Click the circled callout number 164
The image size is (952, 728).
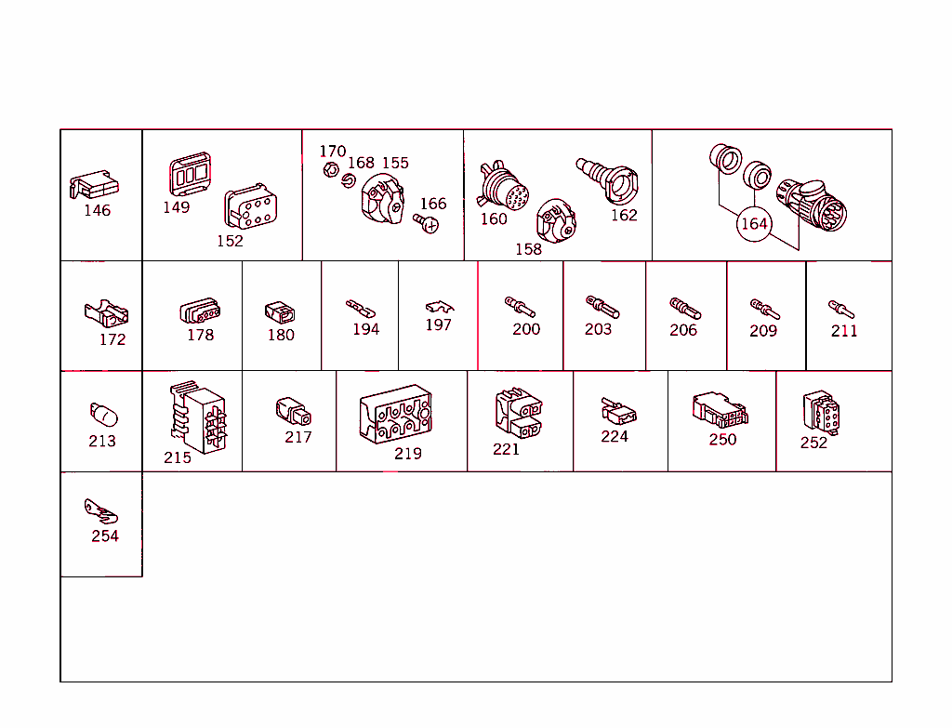[754, 224]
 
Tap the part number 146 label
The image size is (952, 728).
[97, 210]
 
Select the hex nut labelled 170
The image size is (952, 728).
[331, 169]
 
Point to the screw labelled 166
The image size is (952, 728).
[426, 223]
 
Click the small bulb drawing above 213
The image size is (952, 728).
[103, 414]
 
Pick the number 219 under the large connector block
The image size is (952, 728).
[408, 453]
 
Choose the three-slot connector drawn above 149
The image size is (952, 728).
[190, 173]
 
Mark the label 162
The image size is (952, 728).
[624, 215]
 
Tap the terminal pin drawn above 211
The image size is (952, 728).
[840, 309]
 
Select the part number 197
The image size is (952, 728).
[439, 324]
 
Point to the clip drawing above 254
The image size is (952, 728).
[100, 511]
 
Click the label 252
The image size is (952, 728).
[813, 443]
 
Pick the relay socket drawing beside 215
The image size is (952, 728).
[198, 417]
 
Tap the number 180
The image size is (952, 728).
[281, 335]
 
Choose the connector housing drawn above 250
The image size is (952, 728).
[721, 410]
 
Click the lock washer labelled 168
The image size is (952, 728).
[348, 181]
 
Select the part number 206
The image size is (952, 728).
[683, 330]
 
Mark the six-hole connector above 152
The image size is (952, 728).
[250, 206]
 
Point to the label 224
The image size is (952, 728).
[615, 436]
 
